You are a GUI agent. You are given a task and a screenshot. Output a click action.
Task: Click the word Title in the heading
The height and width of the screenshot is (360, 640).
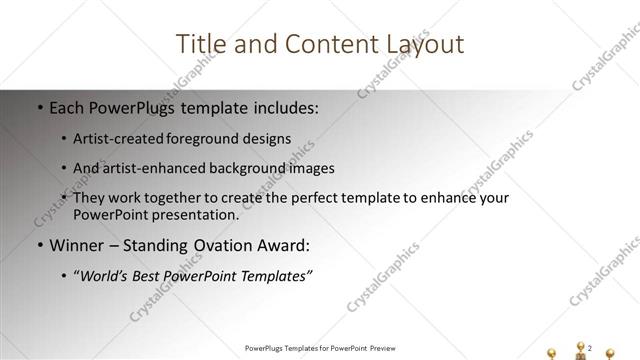[200, 45]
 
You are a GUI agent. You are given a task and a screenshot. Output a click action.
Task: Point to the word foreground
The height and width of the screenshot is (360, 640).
[213, 138]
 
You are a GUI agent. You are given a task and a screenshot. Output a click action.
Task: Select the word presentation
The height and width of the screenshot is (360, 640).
[195, 214]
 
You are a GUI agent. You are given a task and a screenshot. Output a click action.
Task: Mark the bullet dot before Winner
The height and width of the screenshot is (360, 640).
[39, 246]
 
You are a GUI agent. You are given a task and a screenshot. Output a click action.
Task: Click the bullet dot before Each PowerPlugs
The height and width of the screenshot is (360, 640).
[39, 106]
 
